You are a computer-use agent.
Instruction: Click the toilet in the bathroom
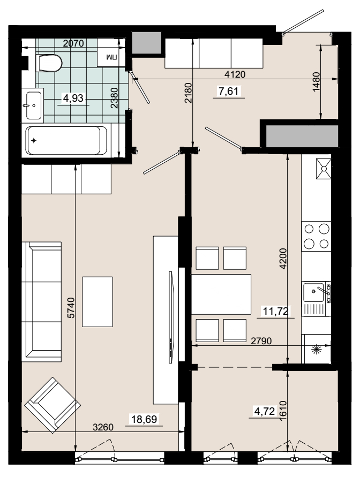pyautogui.click(x=49, y=63)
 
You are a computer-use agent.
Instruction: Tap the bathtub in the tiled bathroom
pyautogui.click(x=66, y=140)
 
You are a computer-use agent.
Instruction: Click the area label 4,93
pyautogui.click(x=73, y=99)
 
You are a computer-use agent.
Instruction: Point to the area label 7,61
pyautogui.click(x=229, y=91)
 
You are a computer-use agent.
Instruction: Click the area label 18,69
pyautogui.click(x=144, y=419)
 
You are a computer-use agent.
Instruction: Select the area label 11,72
pyautogui.click(x=276, y=311)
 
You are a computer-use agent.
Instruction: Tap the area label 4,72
pyautogui.click(x=265, y=412)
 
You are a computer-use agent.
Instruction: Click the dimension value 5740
pyautogui.click(x=71, y=307)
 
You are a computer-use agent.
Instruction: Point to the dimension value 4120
pyautogui.click(x=235, y=74)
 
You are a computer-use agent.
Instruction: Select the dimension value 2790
pyautogui.click(x=261, y=341)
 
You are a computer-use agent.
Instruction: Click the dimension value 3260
pyautogui.click(x=103, y=427)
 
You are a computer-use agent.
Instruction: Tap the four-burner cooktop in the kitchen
pyautogui.click(x=316, y=236)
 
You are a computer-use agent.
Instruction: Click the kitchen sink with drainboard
pyautogui.click(x=317, y=299)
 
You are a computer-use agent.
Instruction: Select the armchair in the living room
pyautogui.click(x=52, y=405)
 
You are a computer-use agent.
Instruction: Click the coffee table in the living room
pyautogui.click(x=97, y=301)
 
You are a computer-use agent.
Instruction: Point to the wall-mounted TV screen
pyautogui.click(x=171, y=317)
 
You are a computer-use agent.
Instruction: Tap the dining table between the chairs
pyautogui.click(x=221, y=294)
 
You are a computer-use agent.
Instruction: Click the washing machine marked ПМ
pyautogui.click(x=111, y=56)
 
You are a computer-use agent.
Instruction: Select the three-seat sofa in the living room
pyautogui.click(x=42, y=301)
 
